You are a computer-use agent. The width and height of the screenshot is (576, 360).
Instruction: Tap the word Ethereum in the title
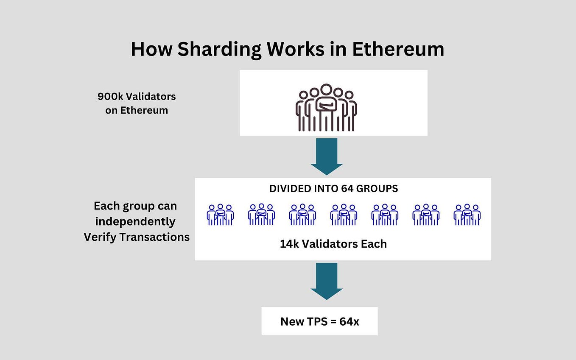click(398, 50)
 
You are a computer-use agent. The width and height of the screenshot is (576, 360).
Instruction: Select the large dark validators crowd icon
click(326, 108)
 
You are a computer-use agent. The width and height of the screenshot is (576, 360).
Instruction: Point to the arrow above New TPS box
click(326, 281)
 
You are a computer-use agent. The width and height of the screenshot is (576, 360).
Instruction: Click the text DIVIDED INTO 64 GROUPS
click(333, 189)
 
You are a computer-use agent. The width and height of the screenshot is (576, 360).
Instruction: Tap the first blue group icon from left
click(220, 215)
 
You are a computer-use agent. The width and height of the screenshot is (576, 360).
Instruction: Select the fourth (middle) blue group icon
click(344, 215)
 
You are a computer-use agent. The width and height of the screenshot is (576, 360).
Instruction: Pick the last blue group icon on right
click(467, 215)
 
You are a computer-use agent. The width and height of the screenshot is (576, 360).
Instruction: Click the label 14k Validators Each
click(333, 244)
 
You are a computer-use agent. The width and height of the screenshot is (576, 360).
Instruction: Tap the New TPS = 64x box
click(319, 321)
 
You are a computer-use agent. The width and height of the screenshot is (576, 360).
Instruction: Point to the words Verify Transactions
click(137, 237)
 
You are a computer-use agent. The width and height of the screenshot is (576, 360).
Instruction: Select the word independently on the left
click(135, 221)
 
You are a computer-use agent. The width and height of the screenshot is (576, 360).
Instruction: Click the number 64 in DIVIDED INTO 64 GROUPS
click(346, 189)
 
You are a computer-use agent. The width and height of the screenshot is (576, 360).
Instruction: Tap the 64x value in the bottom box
click(349, 321)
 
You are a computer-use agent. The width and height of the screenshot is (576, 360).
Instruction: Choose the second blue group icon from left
click(261, 215)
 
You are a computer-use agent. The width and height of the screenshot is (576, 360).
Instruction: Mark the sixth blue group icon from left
click(426, 215)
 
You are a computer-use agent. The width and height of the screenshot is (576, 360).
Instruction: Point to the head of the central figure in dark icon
click(326, 90)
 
